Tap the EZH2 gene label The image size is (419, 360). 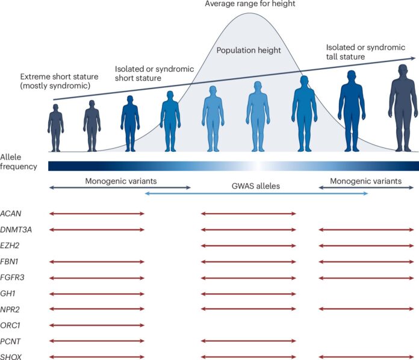pyautogui.click(x=11, y=246)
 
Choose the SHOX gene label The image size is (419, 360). pyautogui.click(x=11, y=357)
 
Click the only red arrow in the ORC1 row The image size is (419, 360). pyautogui.click(x=96, y=325)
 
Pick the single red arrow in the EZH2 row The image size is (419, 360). pyautogui.click(x=249, y=246)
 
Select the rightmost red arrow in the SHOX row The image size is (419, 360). pyautogui.click(x=365, y=357)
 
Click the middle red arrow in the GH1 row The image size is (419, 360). pyautogui.click(x=249, y=293)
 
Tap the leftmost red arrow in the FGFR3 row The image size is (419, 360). pyautogui.click(x=96, y=278)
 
